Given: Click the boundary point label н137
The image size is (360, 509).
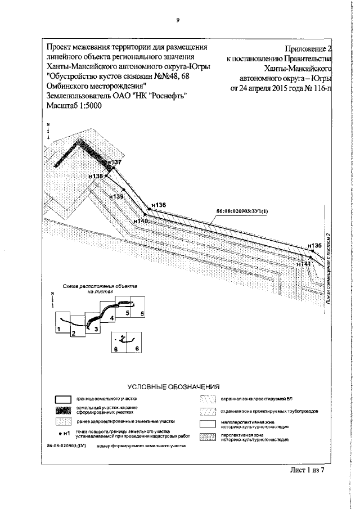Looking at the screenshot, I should [114, 162].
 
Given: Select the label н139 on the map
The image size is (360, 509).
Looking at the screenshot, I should [116, 196].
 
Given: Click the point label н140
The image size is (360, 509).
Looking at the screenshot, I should [141, 222].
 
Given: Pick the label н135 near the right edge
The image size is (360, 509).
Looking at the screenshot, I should [315, 246].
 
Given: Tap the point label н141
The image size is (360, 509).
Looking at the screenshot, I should [304, 263].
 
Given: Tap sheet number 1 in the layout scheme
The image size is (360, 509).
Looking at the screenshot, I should [58, 327].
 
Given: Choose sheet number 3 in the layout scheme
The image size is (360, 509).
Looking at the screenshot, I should [96, 328].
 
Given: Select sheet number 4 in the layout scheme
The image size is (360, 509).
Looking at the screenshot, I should [112, 318].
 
